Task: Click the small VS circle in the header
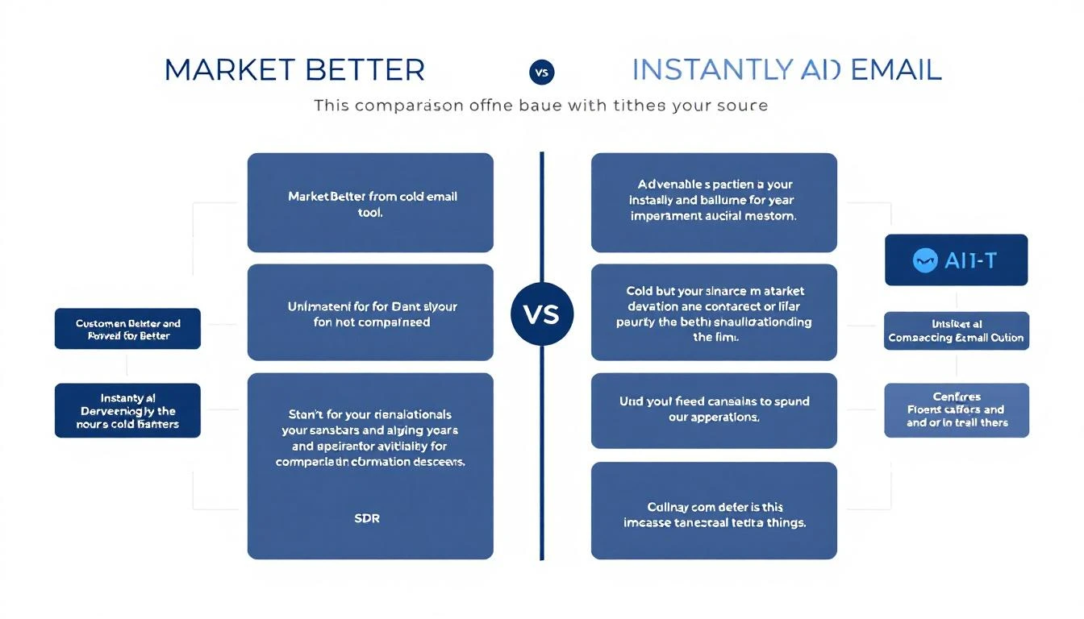point(541,72)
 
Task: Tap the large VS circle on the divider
point(542,314)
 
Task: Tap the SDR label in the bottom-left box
point(367,518)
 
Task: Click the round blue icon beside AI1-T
point(923,260)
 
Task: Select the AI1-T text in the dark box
point(971,260)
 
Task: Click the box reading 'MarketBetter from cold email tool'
point(370,202)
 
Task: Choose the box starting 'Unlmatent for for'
point(370,312)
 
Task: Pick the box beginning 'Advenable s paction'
point(714,202)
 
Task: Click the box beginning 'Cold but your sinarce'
point(714,312)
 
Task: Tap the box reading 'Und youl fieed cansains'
point(714,410)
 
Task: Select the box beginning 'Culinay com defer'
point(714,510)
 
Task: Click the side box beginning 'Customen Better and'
point(127,330)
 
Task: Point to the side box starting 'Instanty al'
point(127,410)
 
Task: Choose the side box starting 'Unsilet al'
point(956,331)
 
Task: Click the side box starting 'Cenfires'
point(957,409)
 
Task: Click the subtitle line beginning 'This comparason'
point(540,106)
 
